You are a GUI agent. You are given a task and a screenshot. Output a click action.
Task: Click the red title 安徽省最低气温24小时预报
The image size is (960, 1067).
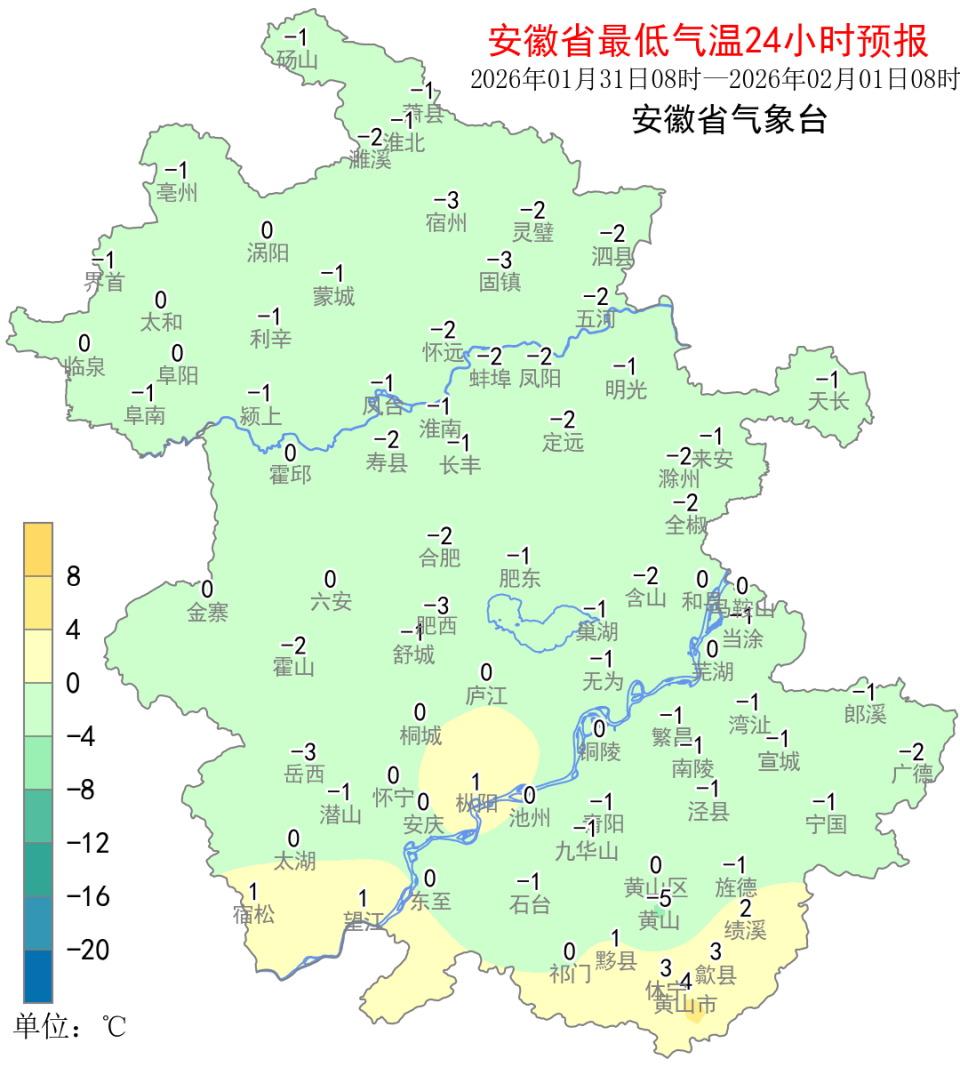coord(708,41)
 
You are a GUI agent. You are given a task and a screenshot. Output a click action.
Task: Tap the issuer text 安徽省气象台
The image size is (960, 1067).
coord(729,121)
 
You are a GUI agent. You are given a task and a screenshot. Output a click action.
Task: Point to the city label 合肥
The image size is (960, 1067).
coord(440,558)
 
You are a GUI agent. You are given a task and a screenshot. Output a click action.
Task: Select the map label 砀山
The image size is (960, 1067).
coord(297,59)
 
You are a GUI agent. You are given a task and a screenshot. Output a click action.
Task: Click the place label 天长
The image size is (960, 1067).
coord(828,402)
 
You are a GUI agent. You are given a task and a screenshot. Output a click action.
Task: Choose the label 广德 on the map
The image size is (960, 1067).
coord(912,773)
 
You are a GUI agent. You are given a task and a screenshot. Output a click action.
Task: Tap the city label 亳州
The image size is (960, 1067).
coord(178,192)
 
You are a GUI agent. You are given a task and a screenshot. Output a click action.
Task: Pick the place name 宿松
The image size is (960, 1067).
coord(252,913)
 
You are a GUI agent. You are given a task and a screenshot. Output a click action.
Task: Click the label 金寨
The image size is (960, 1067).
coord(208,612)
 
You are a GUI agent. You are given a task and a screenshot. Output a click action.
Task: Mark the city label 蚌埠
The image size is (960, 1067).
coord(490,378)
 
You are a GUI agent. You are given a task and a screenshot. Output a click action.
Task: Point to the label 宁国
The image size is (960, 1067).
coord(825,824)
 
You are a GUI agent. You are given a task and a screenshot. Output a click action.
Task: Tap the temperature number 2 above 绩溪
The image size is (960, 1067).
coord(745,908)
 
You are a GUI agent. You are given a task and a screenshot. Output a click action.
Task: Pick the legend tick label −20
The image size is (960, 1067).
coord(88,949)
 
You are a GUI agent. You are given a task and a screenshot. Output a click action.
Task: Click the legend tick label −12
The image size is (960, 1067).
coord(88,843)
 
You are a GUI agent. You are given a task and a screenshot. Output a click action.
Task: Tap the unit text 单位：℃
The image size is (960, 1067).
coord(69,1026)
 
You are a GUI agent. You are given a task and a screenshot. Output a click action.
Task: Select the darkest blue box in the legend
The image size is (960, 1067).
coord(39,976)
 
